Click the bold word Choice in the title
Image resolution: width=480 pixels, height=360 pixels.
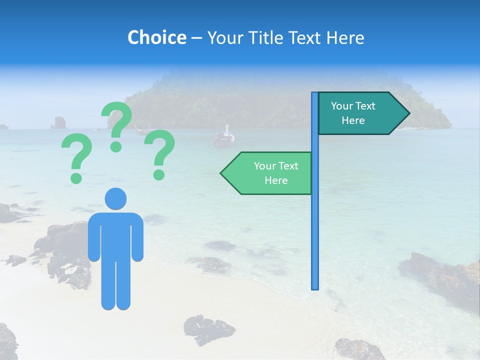pyautogui.click(x=156, y=37)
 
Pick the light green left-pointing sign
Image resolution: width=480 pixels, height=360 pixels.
pyautogui.click(x=270, y=173)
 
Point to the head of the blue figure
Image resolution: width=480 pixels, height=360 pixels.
pyautogui.click(x=115, y=198)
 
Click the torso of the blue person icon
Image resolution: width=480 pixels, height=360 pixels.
pyautogui.click(x=115, y=235)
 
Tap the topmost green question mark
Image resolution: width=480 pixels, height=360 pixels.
pyautogui.click(x=117, y=125)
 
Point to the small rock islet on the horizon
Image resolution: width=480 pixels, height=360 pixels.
pyautogui.click(x=59, y=122)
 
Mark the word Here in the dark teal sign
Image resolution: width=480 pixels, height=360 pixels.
pyautogui.click(x=353, y=120)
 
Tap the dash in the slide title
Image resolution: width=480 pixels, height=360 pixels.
pyautogui.click(x=196, y=37)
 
